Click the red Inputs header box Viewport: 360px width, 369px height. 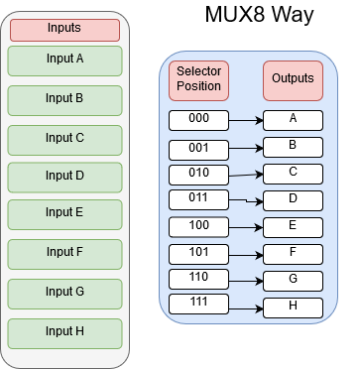[x=64, y=29]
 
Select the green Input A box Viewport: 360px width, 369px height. [x=64, y=60]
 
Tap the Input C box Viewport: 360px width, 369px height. [x=64, y=138]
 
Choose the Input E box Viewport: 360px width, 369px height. [x=64, y=213]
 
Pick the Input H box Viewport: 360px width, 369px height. [x=64, y=331]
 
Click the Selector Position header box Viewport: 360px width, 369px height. [x=198, y=80]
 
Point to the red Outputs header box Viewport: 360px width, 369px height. [x=293, y=80]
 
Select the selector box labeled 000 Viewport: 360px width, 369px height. [x=198, y=120]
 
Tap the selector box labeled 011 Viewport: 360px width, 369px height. [x=198, y=199]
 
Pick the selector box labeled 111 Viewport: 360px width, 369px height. [x=198, y=303]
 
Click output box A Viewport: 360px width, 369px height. [x=293, y=120]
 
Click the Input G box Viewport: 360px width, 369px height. [x=64, y=293]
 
